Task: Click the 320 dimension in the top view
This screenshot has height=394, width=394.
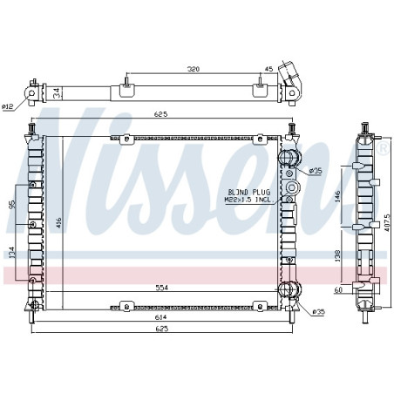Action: (194, 69)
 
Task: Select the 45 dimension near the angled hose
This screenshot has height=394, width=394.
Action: (269, 69)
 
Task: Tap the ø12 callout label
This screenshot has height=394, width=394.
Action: (7, 107)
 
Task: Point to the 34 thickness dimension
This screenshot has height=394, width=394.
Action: (58, 93)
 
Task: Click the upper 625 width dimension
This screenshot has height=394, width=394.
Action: (161, 114)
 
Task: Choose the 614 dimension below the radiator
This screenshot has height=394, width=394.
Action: (161, 317)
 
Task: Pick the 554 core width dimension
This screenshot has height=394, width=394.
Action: (161, 288)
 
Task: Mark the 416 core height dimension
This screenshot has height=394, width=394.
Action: (58, 222)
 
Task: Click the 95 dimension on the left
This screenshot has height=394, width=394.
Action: (12, 204)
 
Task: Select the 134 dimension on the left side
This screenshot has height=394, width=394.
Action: (11, 253)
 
